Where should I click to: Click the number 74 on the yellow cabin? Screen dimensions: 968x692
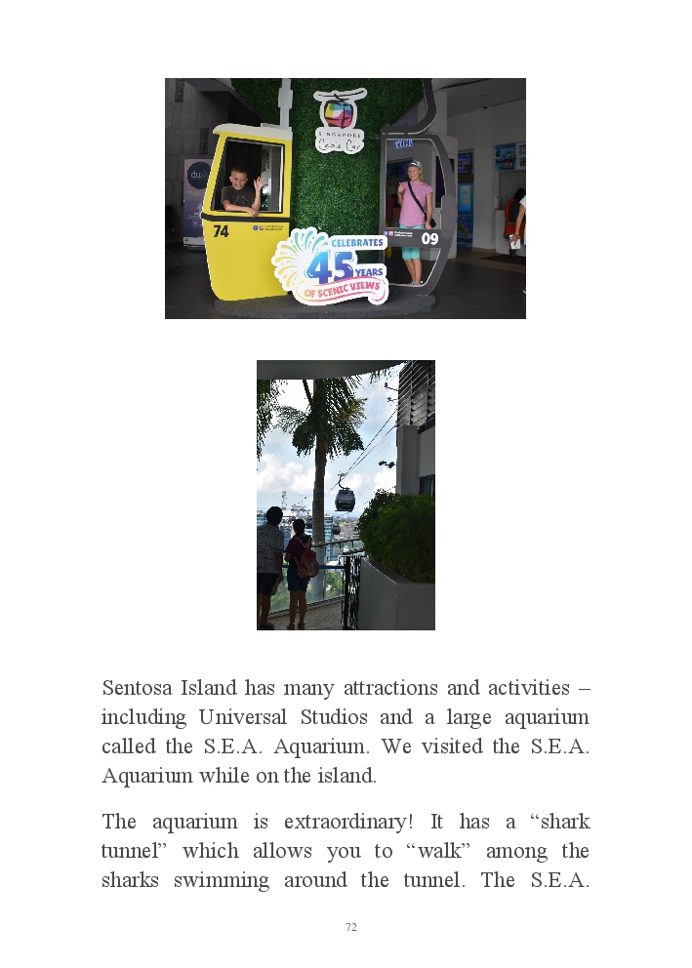[x=221, y=231]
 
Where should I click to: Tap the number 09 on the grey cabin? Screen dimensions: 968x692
[x=429, y=238]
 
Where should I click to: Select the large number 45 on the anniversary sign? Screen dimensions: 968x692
[x=329, y=266]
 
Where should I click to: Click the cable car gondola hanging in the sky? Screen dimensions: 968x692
[x=345, y=499]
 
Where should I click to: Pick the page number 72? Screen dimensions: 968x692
[x=351, y=927]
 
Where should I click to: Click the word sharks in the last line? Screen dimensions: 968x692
[x=132, y=880]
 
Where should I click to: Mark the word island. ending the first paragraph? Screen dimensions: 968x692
[x=346, y=777]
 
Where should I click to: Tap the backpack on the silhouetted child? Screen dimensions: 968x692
[x=307, y=561]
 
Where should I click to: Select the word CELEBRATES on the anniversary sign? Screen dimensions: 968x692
[x=355, y=242]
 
